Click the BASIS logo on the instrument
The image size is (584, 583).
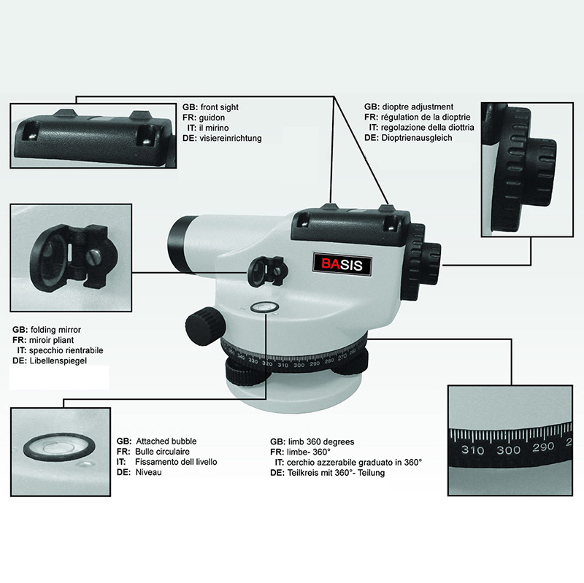coord(342,264)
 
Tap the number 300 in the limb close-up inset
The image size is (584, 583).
coord(508,449)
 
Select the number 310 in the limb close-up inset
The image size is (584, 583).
coord(472,449)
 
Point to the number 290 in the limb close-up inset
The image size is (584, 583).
coord(543,447)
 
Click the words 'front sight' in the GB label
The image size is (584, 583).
coord(220,107)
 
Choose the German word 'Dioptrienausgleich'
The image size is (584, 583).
coord(417,138)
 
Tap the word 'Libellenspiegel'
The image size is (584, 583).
coord(58,360)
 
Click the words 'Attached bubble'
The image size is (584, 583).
coord(166,441)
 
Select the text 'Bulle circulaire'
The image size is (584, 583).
coord(162,452)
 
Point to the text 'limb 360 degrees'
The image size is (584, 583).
coord(321,442)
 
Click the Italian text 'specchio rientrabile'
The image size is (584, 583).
coord(66,350)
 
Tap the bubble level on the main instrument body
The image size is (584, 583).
coord(265,307)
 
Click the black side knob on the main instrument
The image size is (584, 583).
coord(205,326)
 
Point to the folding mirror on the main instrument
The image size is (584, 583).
coord(267,271)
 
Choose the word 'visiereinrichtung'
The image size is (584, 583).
coord(231,138)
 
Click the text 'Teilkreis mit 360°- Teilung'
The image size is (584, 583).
coord(336,473)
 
